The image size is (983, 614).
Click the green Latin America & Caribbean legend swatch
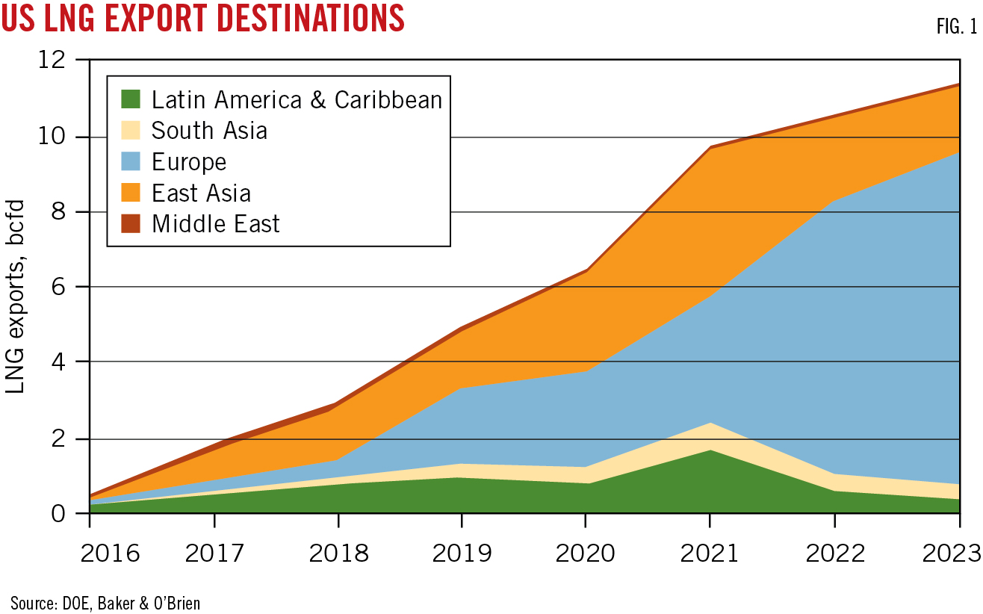click(x=130, y=99)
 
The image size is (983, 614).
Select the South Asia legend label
click(x=209, y=130)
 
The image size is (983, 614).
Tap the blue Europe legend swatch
click(x=130, y=161)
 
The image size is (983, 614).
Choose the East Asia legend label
click(x=201, y=193)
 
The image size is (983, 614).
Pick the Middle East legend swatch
click(x=130, y=223)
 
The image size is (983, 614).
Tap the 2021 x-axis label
click(x=709, y=553)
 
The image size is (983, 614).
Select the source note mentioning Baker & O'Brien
click(x=105, y=602)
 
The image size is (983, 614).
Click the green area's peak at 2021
click(x=709, y=450)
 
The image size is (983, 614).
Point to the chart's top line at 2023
click(x=959, y=85)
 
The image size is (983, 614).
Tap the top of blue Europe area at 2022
click(x=834, y=200)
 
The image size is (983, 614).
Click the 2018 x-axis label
click(x=338, y=553)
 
